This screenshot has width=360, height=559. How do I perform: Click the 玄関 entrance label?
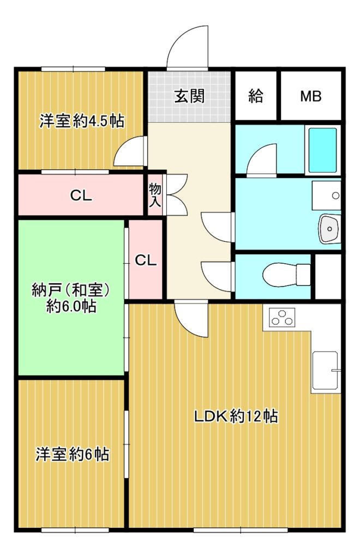pos(189,96)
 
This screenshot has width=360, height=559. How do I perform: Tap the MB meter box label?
pos(311,96)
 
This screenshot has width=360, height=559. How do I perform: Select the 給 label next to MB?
pos(255,96)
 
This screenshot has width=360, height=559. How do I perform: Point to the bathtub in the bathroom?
pos(322,150)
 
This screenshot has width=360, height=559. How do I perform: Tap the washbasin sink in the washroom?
pos(330,229)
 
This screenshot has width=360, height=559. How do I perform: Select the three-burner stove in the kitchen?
pos(283,317)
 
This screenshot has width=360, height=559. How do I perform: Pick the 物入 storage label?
pos(155,195)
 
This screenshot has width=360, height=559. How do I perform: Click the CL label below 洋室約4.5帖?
pos(81,195)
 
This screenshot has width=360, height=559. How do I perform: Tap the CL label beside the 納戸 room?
pos(146,260)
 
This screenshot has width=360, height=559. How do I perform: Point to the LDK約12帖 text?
pos(236,416)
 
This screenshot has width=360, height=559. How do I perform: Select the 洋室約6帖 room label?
pos(73,455)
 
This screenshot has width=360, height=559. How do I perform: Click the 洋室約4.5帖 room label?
pos(82,121)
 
